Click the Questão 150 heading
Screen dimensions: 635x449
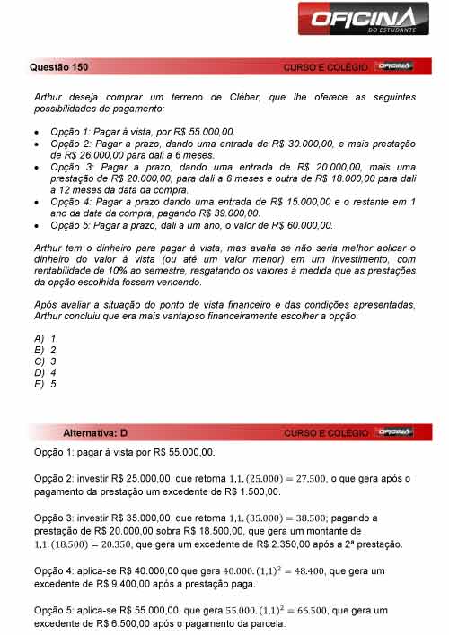58,66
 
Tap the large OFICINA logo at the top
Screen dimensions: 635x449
363,21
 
